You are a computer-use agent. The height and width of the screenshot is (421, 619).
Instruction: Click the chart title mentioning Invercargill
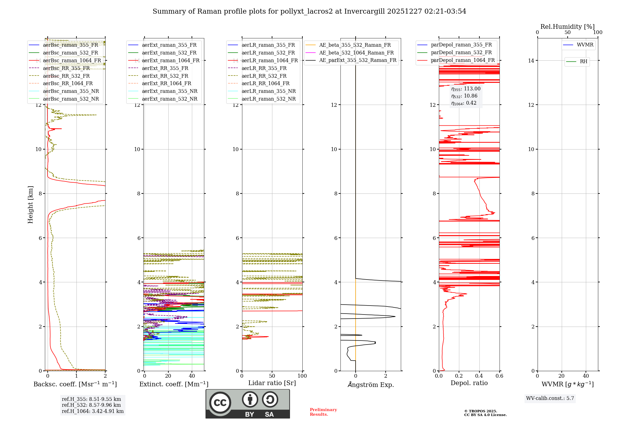(309, 11)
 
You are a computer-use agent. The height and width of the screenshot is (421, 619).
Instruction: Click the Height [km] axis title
(30, 205)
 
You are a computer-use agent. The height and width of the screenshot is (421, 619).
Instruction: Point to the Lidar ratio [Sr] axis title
(272, 383)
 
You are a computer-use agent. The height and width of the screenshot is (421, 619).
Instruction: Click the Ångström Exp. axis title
(371, 384)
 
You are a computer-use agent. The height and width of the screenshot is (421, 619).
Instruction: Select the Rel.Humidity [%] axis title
(567, 27)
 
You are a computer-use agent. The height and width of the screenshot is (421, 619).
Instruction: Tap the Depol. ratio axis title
(469, 383)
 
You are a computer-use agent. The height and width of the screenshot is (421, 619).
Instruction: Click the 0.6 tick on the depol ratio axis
(499, 376)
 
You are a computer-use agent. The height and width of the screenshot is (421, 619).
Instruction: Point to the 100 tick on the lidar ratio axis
(302, 376)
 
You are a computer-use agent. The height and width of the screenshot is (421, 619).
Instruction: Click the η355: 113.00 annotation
(466, 89)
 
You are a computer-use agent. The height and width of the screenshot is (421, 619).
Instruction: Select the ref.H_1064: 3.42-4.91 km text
(93, 411)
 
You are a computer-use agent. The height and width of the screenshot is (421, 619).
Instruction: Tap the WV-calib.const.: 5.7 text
(550, 398)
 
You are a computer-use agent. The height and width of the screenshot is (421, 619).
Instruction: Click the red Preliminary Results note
(323, 412)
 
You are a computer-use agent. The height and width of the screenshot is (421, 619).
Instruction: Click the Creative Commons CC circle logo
(220, 402)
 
